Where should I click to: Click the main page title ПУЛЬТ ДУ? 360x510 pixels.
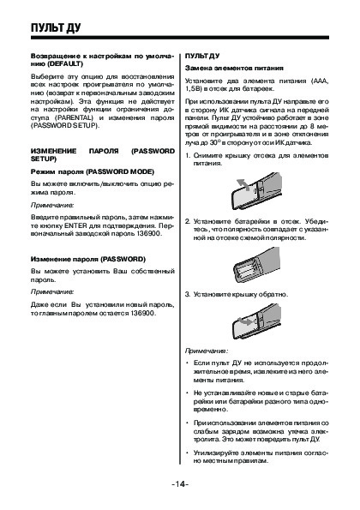(x=56, y=28)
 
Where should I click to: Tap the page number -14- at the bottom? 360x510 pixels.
(x=180, y=484)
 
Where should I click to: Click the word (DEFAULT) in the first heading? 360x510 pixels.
(x=65, y=63)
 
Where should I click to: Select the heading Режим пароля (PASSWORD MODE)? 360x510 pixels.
(x=93, y=171)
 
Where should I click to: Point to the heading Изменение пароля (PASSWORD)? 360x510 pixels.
(x=88, y=259)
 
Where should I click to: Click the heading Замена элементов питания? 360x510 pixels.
(x=234, y=69)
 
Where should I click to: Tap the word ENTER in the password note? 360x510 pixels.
(x=75, y=225)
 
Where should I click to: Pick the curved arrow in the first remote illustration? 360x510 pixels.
(x=243, y=184)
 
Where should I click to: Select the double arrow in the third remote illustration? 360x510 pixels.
(x=244, y=321)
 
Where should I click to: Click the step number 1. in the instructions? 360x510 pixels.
(x=188, y=155)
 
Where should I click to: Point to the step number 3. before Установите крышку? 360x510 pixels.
(x=188, y=295)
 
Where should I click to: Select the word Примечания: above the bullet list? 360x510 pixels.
(x=207, y=351)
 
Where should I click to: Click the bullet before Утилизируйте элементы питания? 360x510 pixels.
(x=187, y=453)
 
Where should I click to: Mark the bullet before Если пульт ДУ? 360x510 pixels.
(x=187, y=363)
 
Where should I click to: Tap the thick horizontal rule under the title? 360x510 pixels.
(x=180, y=38)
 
